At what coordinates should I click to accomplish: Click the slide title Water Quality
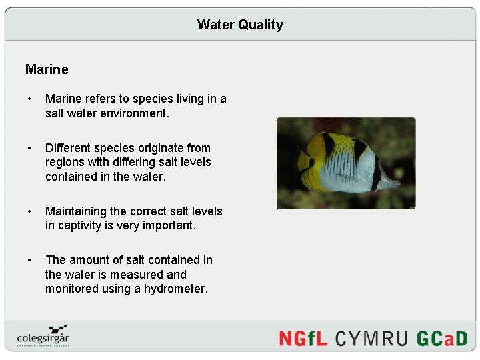coord(240,25)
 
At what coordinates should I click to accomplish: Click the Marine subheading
coord(47,69)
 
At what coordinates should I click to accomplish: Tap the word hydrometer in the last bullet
coord(175,289)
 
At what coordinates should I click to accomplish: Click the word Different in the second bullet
coord(70,148)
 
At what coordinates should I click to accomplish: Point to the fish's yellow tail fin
coord(305,161)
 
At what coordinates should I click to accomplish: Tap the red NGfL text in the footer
coord(303,338)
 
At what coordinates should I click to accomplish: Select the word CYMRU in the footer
coord(371,338)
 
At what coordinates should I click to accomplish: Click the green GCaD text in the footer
coord(442,338)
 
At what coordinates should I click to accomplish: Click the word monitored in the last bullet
coord(73,289)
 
